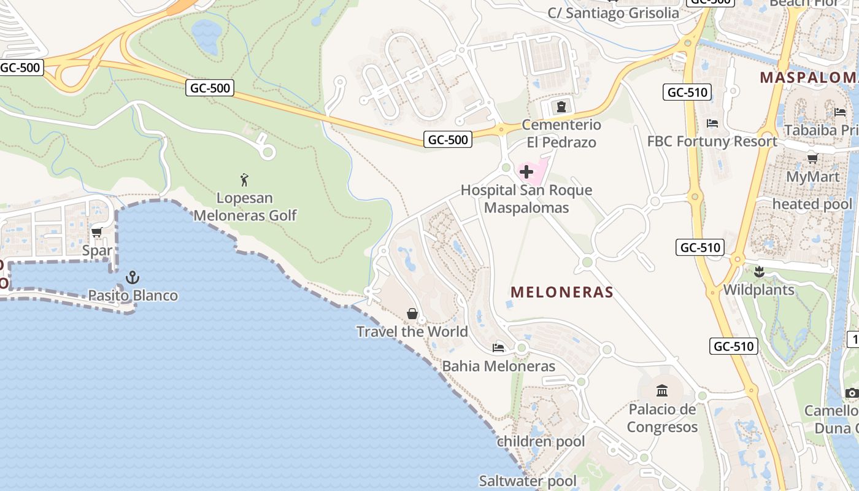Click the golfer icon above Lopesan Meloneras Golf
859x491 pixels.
[245, 180]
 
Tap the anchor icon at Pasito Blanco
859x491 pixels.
[133, 277]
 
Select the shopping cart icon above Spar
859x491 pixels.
[96, 233]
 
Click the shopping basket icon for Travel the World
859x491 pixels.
[412, 314]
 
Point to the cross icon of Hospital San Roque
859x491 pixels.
[526, 172]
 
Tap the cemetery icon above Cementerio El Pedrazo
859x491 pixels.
[560, 107]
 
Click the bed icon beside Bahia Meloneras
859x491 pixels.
[498, 348]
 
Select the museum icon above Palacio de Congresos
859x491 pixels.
[662, 390]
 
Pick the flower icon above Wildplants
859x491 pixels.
[759, 271]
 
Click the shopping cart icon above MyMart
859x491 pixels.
[812, 159]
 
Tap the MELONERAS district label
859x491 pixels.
[562, 292]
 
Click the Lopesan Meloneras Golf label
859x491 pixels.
[245, 207]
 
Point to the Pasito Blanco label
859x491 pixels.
[133, 295]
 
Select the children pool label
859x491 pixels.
[541, 441]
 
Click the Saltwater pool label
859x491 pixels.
[528, 481]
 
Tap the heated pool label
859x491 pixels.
[812, 204]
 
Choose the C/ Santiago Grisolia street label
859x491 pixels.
[614, 13]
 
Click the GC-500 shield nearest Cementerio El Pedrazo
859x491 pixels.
[449, 140]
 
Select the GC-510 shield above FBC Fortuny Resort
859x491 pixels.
[687, 93]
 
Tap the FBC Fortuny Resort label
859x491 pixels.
[712, 141]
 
